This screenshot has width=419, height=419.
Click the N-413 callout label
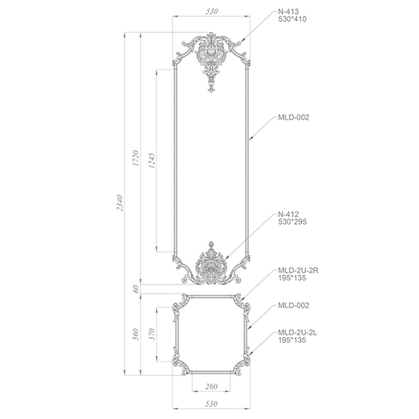[288, 11]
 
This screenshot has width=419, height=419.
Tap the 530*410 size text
[292, 19]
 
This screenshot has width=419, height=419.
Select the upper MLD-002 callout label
[294, 118]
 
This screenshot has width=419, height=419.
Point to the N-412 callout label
[288, 214]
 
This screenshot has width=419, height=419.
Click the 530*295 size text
[292, 222]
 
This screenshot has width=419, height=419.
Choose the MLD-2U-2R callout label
[298, 270]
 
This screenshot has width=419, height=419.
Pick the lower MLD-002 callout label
[294, 305]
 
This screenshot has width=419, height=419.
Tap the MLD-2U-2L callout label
[298, 332]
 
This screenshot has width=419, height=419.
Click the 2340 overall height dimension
[120, 203]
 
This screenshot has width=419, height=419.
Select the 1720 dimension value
[136, 158]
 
